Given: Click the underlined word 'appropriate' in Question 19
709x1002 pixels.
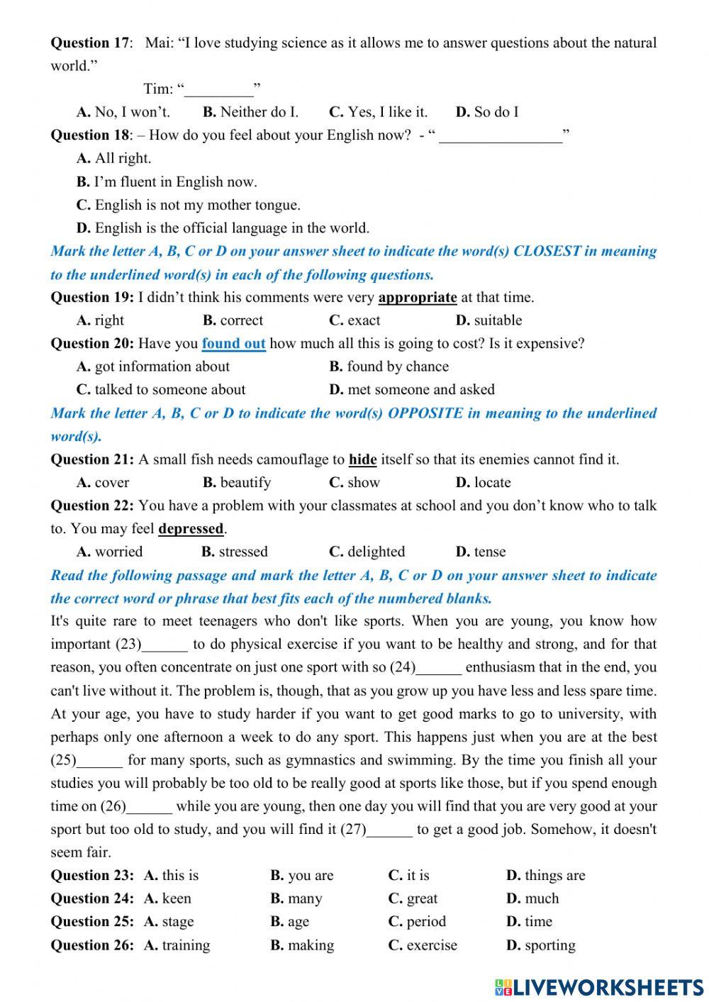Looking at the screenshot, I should pos(417,297).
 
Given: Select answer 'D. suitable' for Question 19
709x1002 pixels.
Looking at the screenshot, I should pos(489,321).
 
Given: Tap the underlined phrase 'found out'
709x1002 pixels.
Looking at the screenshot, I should pos(233,344).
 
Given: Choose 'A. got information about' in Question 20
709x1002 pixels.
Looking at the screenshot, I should pos(153,367).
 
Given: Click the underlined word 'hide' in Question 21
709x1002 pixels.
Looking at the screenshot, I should pos(362,460).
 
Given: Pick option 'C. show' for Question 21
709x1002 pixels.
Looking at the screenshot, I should pos(354,483).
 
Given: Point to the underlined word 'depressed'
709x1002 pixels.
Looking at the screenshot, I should pos(191,529).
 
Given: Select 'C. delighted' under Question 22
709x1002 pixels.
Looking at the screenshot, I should pos(367,552).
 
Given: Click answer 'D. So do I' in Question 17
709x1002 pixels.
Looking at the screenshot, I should pos(486,112).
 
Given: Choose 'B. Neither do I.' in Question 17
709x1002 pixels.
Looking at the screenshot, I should pos(250,112).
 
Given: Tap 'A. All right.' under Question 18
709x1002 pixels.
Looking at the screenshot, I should pos(113,158).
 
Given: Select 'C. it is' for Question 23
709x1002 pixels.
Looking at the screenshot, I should pos(408,876).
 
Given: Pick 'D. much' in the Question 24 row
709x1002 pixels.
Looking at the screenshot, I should pos(532,898).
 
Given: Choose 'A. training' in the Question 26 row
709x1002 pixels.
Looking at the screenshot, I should pos(177,945).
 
